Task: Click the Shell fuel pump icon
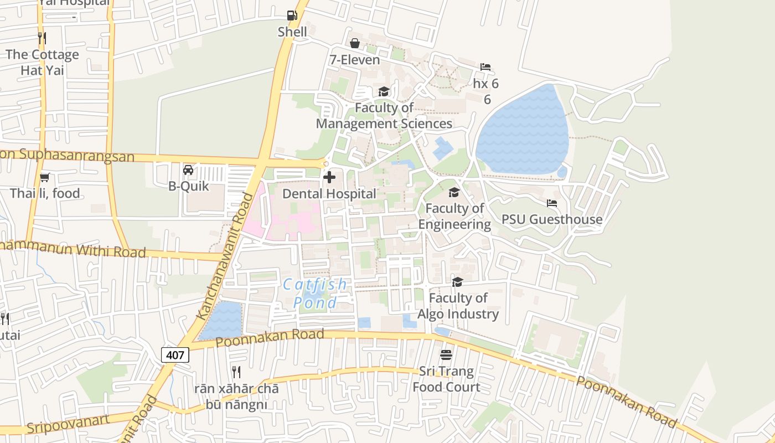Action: click(x=292, y=16)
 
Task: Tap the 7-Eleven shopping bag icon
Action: click(x=355, y=43)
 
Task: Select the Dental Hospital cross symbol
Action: click(x=329, y=177)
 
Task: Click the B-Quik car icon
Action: click(x=188, y=169)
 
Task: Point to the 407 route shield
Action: click(x=175, y=354)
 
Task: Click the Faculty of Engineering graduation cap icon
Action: click(x=454, y=192)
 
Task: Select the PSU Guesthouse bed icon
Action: click(x=552, y=203)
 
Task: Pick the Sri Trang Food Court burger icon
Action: click(x=446, y=354)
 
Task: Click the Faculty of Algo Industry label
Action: click(x=458, y=306)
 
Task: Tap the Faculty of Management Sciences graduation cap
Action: click(x=384, y=91)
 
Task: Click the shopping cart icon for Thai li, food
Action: click(x=44, y=177)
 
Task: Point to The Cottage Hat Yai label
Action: click(x=43, y=62)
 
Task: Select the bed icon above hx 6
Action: click(x=485, y=67)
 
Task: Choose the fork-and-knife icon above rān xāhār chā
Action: click(x=236, y=372)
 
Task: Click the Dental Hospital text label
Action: click(x=329, y=194)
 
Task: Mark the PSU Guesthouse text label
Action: click(x=552, y=219)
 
